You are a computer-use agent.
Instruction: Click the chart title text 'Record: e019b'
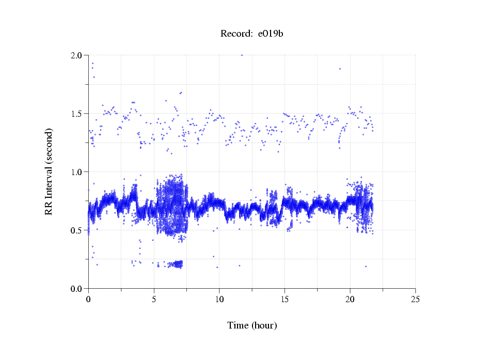[x=252, y=34]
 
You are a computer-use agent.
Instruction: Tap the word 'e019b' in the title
[x=271, y=34]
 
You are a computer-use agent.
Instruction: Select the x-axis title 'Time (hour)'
[x=252, y=325]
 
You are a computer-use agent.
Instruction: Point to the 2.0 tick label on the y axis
[x=76, y=55]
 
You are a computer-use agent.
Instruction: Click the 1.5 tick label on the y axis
[x=76, y=114]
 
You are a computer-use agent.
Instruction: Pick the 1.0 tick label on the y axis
[x=76, y=172]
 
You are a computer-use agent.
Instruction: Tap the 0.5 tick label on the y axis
[x=76, y=230]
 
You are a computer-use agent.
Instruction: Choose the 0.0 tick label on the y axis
[x=76, y=289]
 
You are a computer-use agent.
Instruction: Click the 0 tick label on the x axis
[x=88, y=299]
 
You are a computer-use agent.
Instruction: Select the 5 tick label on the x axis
[x=154, y=299]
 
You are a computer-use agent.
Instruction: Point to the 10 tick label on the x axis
[x=219, y=299]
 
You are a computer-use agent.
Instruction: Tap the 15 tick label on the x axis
[x=284, y=299]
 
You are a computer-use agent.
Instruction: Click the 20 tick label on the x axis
[x=350, y=299]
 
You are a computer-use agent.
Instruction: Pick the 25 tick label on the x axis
[x=415, y=299]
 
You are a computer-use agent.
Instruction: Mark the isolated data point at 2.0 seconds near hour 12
[x=242, y=55]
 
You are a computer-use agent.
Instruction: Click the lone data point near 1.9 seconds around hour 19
[x=340, y=69]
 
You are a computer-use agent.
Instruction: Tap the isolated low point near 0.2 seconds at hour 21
[x=366, y=267]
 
